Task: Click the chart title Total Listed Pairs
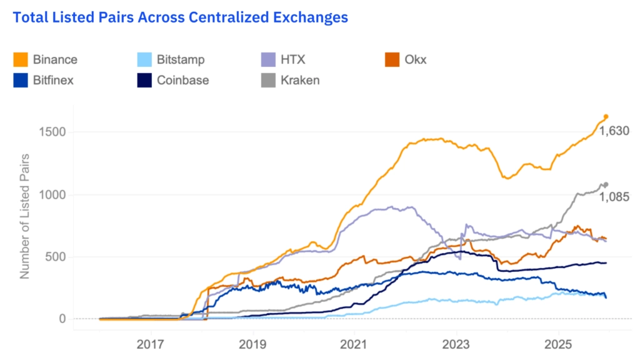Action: [x=180, y=17]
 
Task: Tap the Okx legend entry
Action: [x=416, y=60]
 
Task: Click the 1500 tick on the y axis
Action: [x=52, y=132]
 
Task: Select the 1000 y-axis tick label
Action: [x=52, y=195]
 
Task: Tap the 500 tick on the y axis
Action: [x=57, y=257]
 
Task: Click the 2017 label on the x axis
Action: [x=150, y=344]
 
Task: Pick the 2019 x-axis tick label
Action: [x=252, y=344]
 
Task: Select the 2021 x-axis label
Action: [x=354, y=344]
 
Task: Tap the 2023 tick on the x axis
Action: [x=456, y=344]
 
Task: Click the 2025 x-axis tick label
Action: [x=557, y=344]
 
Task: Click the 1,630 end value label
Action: [x=614, y=131]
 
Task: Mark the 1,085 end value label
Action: [x=614, y=197]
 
